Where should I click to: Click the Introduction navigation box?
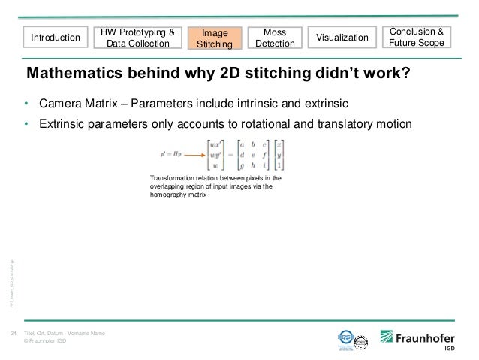click(x=56, y=37)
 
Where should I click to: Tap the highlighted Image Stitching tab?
click(x=215, y=38)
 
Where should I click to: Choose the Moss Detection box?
click(x=275, y=38)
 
